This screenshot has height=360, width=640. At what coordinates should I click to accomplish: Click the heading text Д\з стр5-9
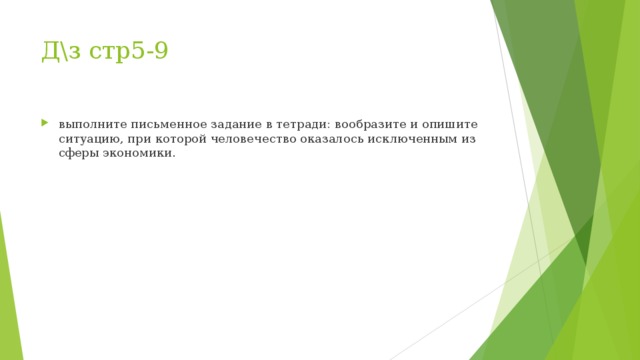[x=104, y=50]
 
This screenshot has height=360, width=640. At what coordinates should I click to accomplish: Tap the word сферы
[x=77, y=154]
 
